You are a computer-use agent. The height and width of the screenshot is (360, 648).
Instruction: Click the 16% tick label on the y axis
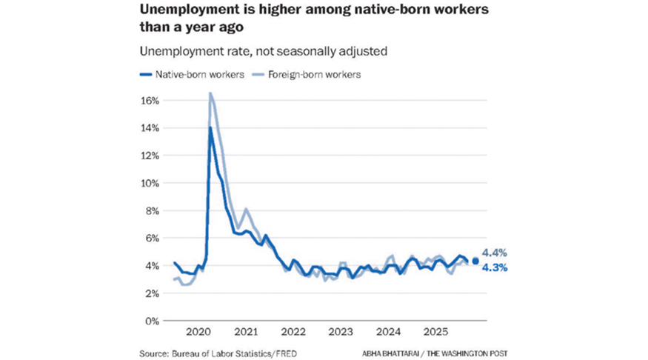click(x=149, y=100)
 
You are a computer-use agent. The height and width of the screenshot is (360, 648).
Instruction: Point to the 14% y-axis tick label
click(x=149, y=128)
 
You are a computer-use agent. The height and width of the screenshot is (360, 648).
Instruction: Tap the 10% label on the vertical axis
click(x=149, y=183)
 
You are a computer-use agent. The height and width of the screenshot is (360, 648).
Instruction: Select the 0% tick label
click(x=151, y=321)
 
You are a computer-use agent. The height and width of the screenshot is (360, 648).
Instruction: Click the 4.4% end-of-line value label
click(x=494, y=253)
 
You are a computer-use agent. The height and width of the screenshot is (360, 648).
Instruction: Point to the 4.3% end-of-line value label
click(x=494, y=268)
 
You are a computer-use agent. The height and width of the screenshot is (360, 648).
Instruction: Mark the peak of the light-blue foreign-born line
click(x=210, y=93)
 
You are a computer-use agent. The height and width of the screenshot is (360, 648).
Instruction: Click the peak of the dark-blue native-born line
click(x=210, y=127)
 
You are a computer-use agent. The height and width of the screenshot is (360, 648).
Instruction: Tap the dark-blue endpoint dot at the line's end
click(x=475, y=261)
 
